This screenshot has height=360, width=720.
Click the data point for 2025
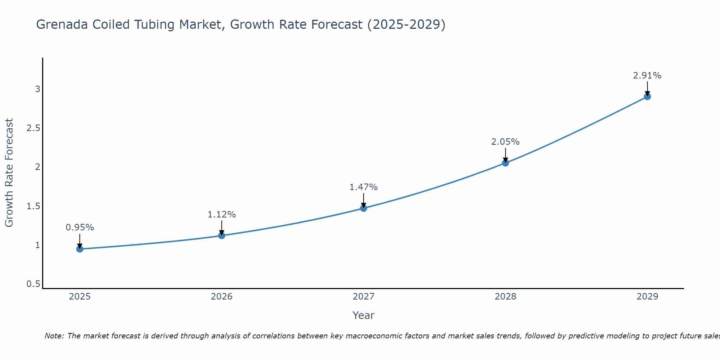80,249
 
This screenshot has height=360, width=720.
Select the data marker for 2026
222,235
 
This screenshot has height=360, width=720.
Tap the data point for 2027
364,208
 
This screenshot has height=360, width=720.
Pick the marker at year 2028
505,163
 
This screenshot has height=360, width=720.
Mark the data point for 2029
647,96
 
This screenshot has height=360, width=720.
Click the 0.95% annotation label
80,228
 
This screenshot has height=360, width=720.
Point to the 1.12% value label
222,215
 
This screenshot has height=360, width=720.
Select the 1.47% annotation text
364,187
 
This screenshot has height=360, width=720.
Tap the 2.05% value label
505,142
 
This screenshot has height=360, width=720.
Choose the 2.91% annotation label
647,76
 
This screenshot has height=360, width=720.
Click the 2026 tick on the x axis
222,297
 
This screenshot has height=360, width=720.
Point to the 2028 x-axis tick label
505,297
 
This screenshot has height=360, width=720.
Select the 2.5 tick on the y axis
33,128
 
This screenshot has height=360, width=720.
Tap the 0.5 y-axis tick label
33,284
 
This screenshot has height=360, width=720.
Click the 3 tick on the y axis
37,89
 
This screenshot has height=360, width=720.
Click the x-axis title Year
364,315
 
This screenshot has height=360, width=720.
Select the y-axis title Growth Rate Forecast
9,173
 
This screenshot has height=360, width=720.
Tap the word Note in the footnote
54,336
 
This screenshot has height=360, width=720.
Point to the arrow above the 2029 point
647,88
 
